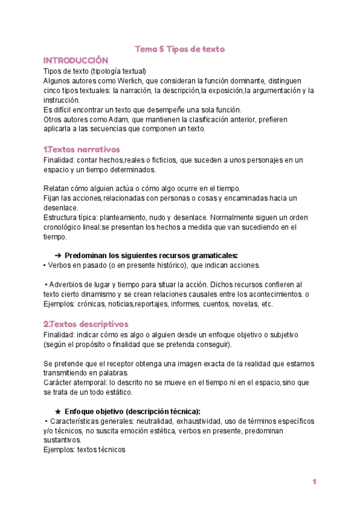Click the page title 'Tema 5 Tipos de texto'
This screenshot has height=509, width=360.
point(179,49)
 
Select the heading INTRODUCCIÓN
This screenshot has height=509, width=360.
point(76,61)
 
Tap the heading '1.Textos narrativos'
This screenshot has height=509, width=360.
point(82,149)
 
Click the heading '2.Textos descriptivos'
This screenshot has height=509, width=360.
point(86,324)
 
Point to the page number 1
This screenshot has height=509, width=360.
point(314,482)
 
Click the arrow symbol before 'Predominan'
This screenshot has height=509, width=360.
point(58,254)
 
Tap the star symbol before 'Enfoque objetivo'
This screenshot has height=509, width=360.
point(58,411)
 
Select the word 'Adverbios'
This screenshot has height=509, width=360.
point(67,284)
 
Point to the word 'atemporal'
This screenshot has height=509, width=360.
point(92,382)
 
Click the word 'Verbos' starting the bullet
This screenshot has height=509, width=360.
point(60,265)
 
